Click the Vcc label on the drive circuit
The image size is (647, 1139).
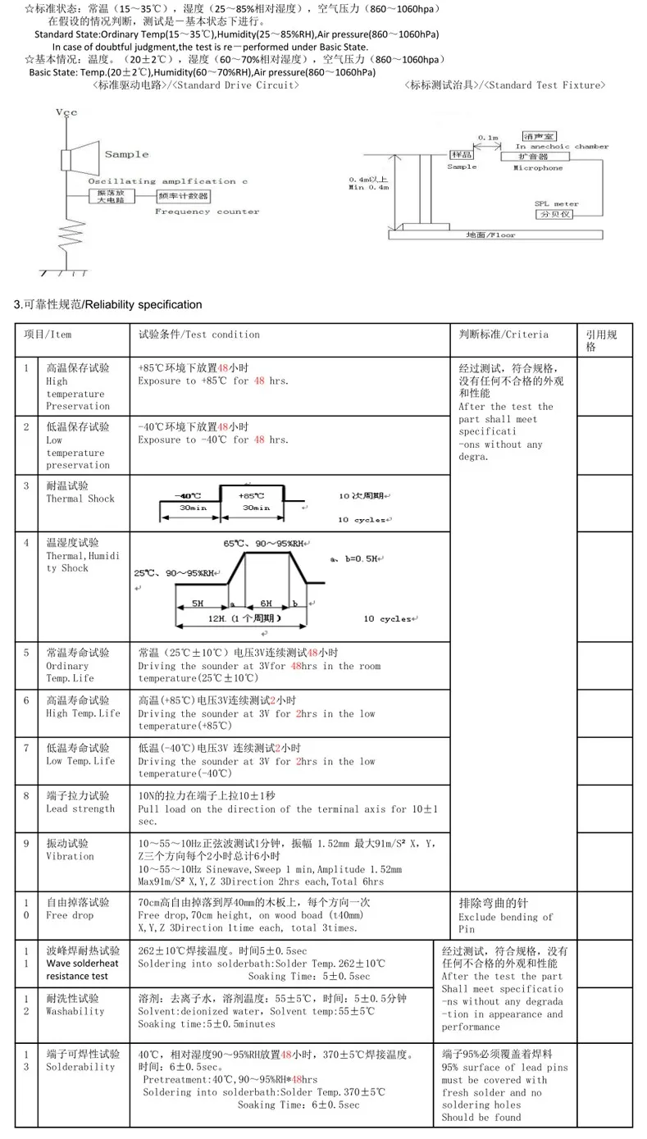pyautogui.click(x=66, y=112)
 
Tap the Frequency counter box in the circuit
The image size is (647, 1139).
pyautogui.click(x=185, y=198)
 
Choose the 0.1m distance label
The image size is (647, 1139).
pyautogui.click(x=488, y=138)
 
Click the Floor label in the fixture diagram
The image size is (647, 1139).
pyautogui.click(x=490, y=235)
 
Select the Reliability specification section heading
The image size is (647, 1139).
pyautogui.click(x=108, y=305)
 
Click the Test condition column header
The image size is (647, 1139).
pyautogui.click(x=198, y=335)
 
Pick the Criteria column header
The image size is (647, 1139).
pyautogui.click(x=503, y=335)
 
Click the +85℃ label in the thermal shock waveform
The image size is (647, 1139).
pyautogui.click(x=251, y=496)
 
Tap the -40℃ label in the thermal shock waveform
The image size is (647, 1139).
pyautogui.click(x=188, y=496)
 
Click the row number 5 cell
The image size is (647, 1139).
pyautogui.click(x=27, y=654)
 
